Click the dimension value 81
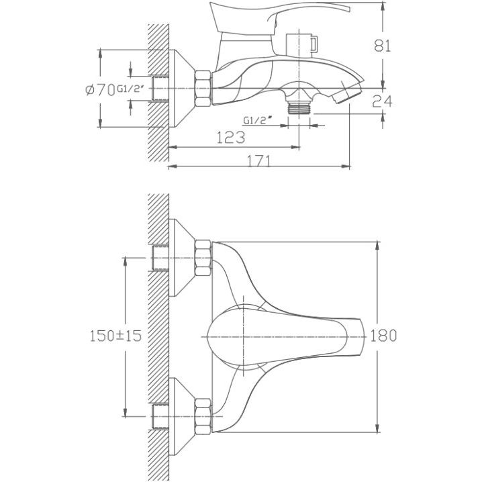pos(382,46)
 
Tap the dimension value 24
pos(382,101)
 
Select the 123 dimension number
pos(231,137)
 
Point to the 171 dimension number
pos(259,160)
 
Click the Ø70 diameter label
pos(100,90)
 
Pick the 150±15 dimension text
pos(116,336)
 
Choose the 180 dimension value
pos(383,336)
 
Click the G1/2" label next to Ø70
pos(130,89)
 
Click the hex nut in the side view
pos(203,89)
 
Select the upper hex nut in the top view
pos(203,258)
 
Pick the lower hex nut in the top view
pos(203,416)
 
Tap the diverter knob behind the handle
pos(302,43)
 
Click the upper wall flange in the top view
pos(182,258)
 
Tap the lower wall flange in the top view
pos(182,416)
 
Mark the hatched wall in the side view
pos(158,92)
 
